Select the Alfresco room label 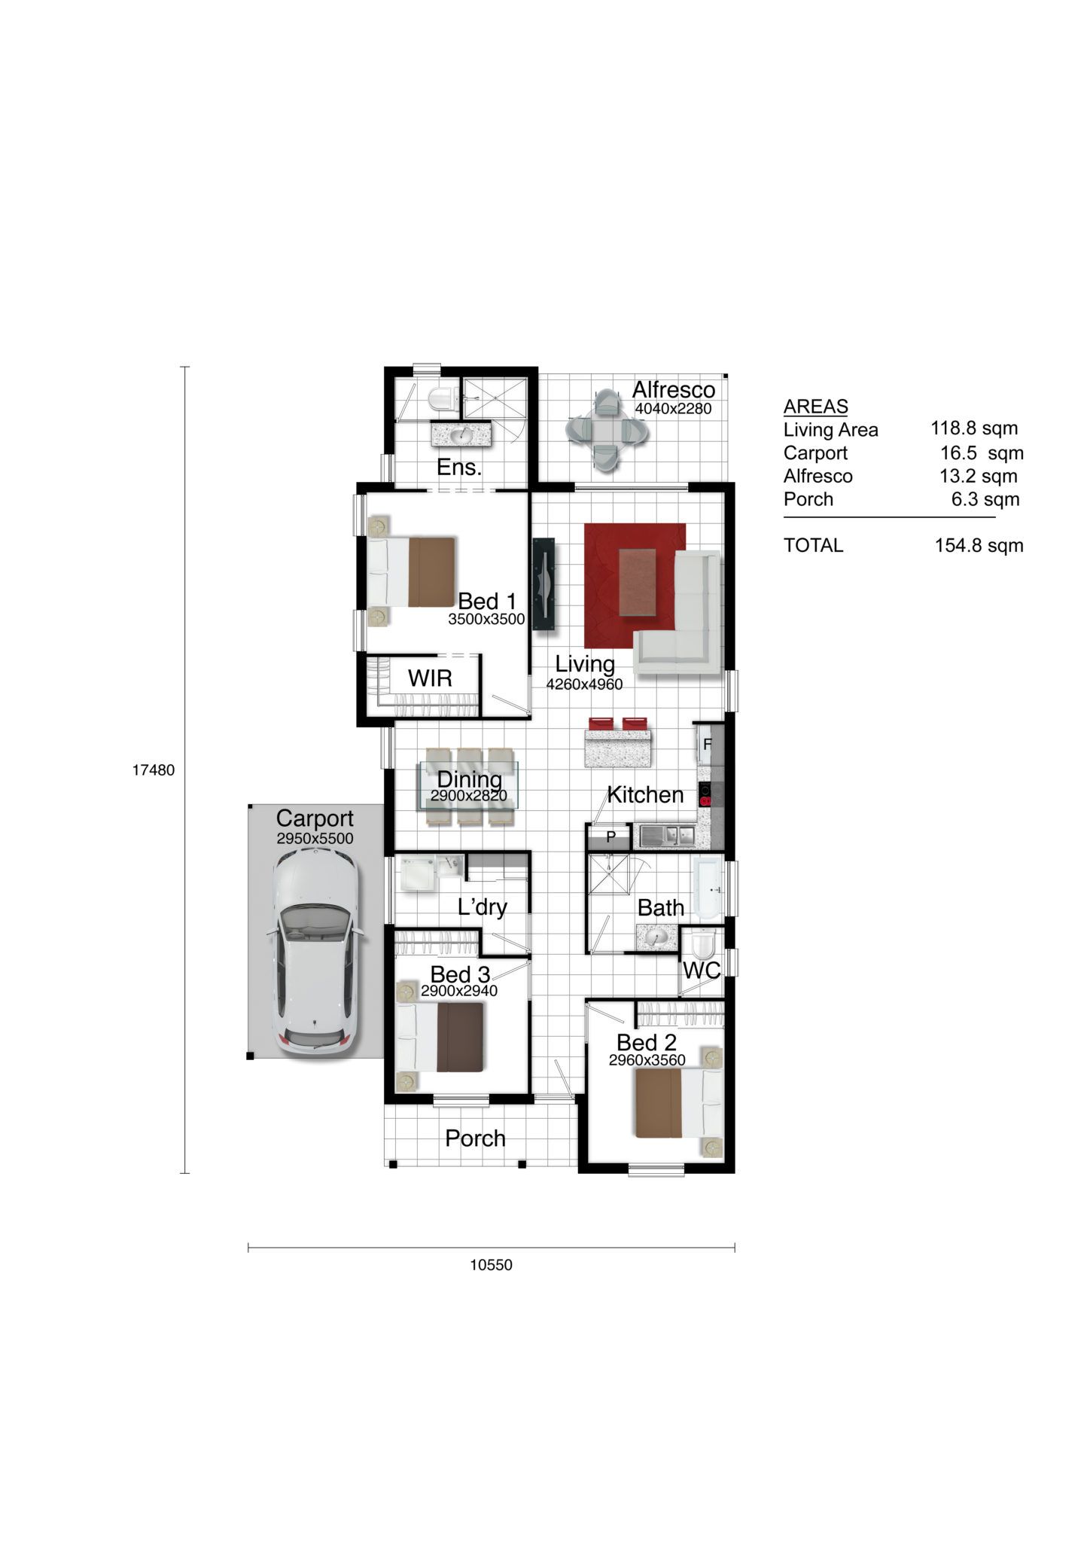673,390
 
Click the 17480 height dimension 154,770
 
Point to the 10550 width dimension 491,1265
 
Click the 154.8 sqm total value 979,545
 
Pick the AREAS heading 815,407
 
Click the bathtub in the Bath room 708,888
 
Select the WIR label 430,678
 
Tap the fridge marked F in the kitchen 708,744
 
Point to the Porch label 475,1138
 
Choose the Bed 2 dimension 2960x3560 647,1061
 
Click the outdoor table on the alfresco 606,430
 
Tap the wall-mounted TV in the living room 544,584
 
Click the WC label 702,971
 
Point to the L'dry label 483,907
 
